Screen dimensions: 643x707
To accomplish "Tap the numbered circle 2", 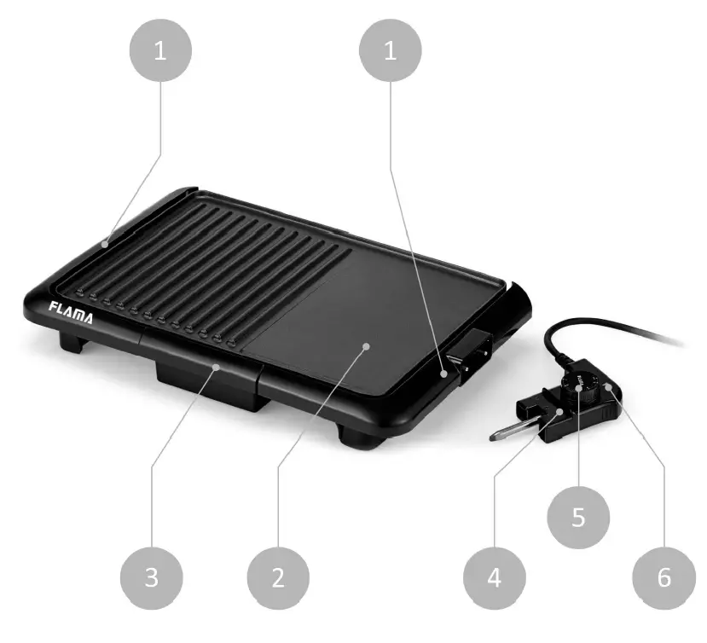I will click(x=277, y=577).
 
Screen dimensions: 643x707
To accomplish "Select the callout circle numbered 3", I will click(x=151, y=577).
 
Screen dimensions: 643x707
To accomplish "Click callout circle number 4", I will click(x=495, y=577).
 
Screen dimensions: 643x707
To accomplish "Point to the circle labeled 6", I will click(x=664, y=577).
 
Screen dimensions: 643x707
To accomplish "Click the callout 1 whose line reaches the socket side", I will click(x=391, y=51).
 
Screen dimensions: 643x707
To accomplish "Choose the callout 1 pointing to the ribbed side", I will click(x=160, y=51).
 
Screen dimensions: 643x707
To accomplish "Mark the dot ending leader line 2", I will click(x=366, y=345).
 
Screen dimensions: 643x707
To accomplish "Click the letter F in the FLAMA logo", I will click(x=52, y=308).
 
